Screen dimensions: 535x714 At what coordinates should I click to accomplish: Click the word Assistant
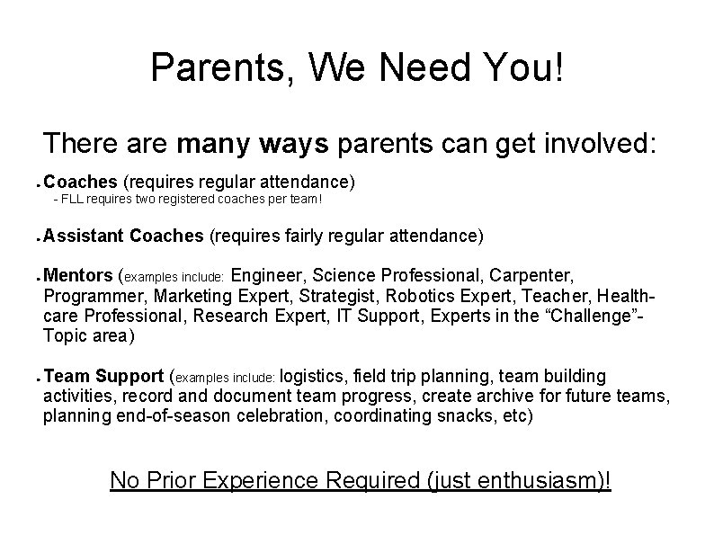pyautogui.click(x=84, y=236)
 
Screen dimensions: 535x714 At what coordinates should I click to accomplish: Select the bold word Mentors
pyautogui.click(x=78, y=274)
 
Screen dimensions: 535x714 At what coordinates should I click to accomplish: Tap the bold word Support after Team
pyautogui.click(x=129, y=376)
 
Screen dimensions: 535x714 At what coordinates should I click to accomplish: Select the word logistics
pyautogui.click(x=316, y=376)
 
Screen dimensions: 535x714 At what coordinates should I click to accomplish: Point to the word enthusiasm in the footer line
pyautogui.click(x=528, y=480)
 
